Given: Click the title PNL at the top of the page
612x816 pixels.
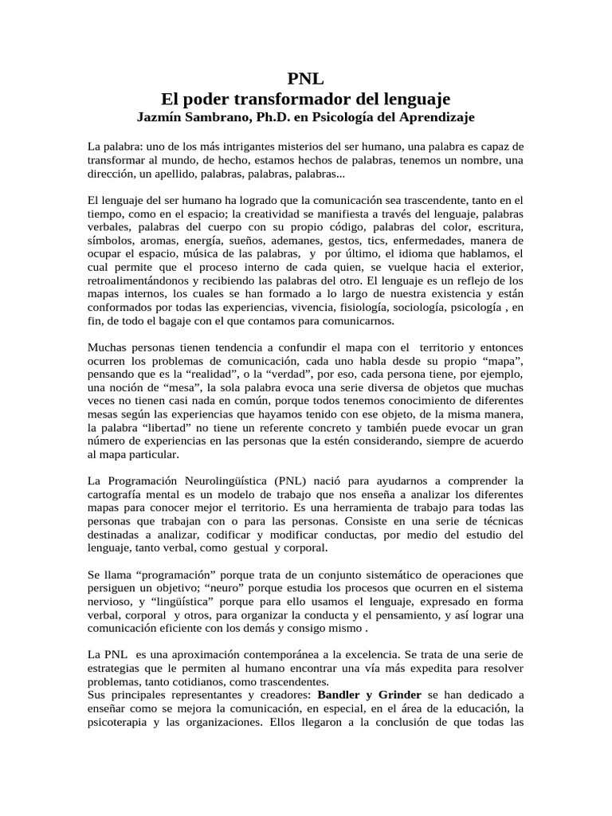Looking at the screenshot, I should pyautogui.click(x=306, y=77).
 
